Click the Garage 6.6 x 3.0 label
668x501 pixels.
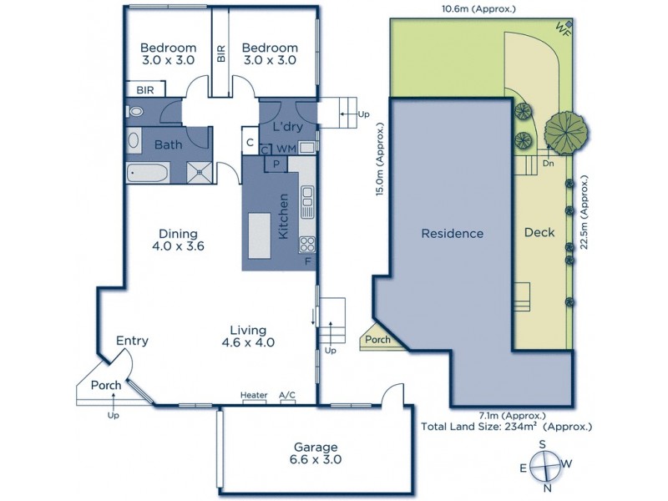coord(316,453)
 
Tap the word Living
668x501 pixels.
coord(249,329)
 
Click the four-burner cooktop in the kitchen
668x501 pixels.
coord(306,245)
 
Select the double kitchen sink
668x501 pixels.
coord(306,197)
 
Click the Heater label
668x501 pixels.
coord(253,395)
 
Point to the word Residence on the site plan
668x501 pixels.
coord(452,234)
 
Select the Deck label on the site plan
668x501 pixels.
coord(539,233)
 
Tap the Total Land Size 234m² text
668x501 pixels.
coord(507,426)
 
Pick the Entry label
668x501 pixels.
coord(132,340)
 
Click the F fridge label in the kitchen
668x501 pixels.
coord(309,262)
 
